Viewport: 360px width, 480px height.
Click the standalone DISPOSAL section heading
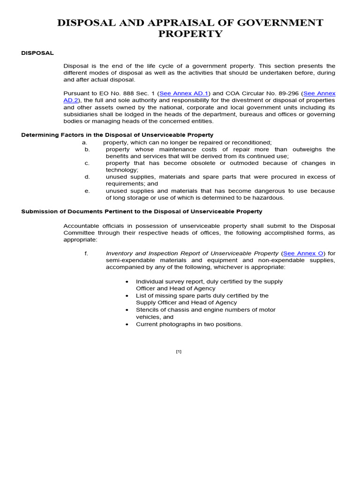[x=37, y=53]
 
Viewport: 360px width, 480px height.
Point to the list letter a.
[x=84, y=142]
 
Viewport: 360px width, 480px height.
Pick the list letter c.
[x=87, y=163]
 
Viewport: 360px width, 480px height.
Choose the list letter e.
[x=87, y=191]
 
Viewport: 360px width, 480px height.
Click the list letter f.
[x=86, y=253]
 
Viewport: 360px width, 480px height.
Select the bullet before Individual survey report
[x=127, y=282]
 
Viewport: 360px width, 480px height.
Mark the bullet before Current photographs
[x=127, y=324]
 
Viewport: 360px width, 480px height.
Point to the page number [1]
[x=179, y=352]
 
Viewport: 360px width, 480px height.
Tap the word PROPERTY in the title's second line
[x=190, y=34]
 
